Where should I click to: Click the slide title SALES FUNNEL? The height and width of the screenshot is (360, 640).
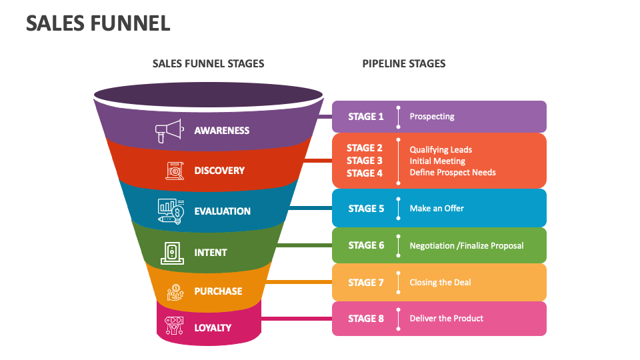tap(98, 23)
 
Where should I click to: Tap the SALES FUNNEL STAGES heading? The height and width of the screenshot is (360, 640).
tap(208, 63)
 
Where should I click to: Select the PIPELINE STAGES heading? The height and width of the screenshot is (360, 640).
tap(404, 63)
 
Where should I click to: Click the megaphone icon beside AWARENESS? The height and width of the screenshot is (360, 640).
tap(169, 131)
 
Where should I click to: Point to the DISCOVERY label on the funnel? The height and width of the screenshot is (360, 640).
tap(219, 171)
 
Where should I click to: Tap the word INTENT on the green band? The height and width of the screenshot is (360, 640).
tap(211, 253)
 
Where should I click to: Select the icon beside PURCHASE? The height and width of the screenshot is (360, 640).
tap(175, 291)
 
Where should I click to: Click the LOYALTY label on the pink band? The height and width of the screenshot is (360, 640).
tap(213, 328)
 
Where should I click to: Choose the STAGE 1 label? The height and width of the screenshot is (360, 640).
tap(366, 117)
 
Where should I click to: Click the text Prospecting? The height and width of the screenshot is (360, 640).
tap(432, 117)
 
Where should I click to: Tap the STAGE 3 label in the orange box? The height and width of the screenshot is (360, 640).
tap(365, 161)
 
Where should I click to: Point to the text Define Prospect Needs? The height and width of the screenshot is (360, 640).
tap(453, 173)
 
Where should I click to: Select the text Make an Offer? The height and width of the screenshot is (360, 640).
tap(437, 209)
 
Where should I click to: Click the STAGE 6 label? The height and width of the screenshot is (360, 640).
tap(366, 245)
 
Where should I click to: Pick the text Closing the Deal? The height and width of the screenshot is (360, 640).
tap(440, 283)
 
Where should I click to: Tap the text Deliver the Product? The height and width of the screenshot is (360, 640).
tap(446, 319)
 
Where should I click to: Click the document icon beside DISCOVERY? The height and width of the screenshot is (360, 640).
tap(175, 171)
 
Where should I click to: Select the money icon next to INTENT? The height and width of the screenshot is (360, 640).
tap(172, 252)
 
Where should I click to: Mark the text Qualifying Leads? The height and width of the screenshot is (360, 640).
tap(441, 150)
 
